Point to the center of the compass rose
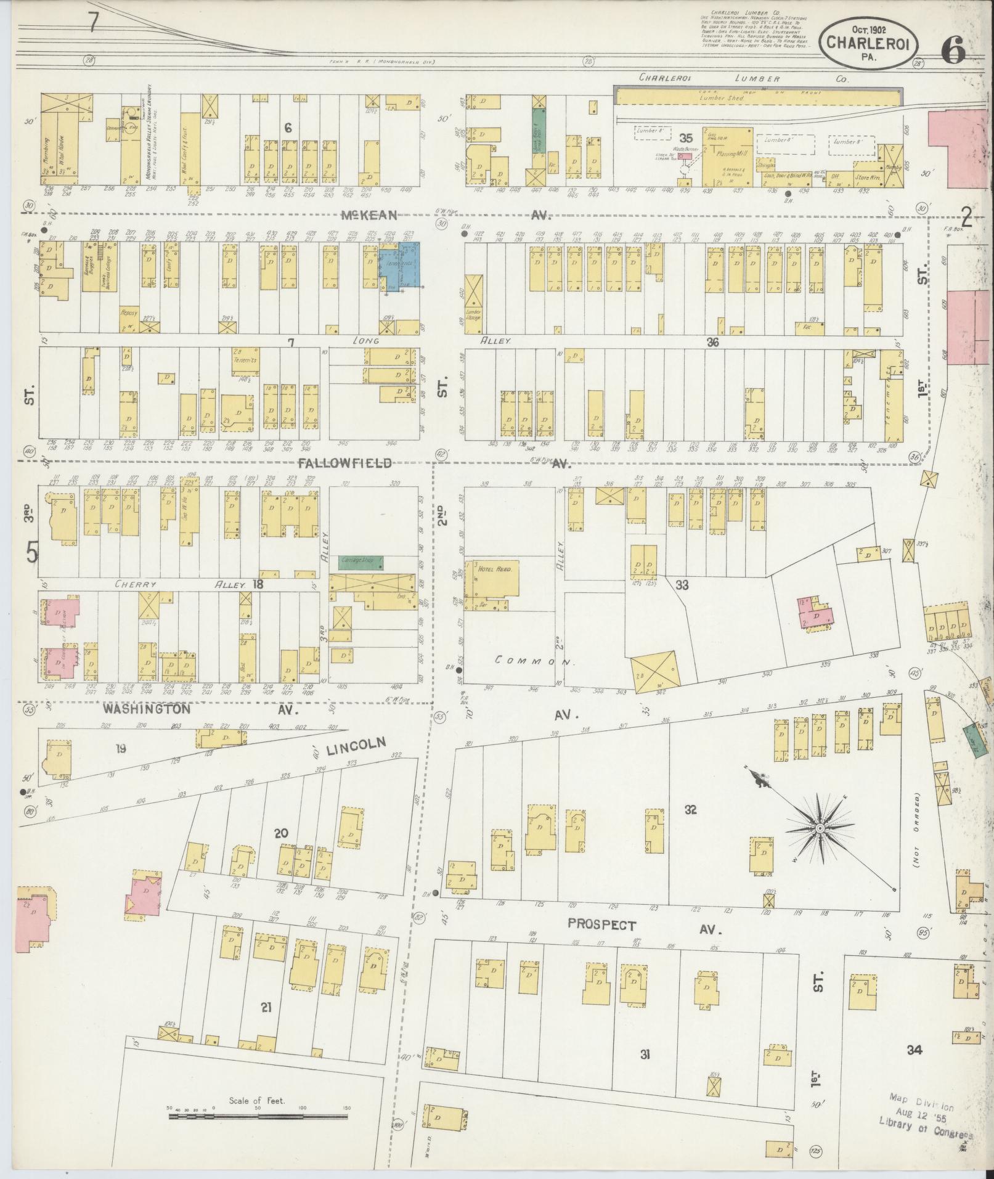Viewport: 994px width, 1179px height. (x=820, y=830)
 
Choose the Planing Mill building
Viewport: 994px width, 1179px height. (x=727, y=157)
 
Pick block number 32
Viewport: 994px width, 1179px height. (x=690, y=809)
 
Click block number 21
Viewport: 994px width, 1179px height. (x=266, y=1008)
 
